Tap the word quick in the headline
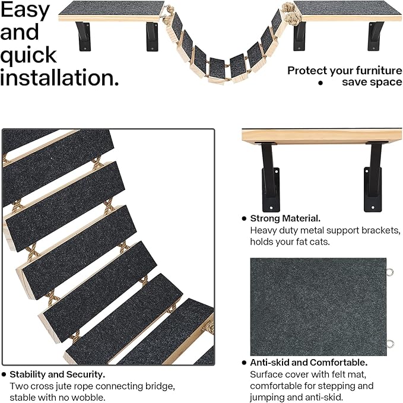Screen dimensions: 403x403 pyautogui.click(x=28, y=55)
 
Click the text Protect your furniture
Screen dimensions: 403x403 pyautogui.click(x=345, y=71)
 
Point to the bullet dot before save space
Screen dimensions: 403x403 pyautogui.click(x=321, y=82)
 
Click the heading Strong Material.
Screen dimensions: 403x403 pyautogui.click(x=285, y=218)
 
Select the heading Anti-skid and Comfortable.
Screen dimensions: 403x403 pyautogui.click(x=309, y=363)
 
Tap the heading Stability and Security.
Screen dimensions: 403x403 pyautogui.click(x=58, y=375)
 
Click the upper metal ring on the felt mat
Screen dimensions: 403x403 pyautogui.click(x=391, y=272)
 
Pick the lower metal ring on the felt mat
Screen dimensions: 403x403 pyautogui.click(x=391, y=344)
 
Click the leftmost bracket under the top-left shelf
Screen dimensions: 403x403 pyautogui.click(x=83, y=36)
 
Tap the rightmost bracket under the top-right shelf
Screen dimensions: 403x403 pyautogui.click(x=375, y=36)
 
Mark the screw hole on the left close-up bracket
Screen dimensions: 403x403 pyautogui.click(x=271, y=208)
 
